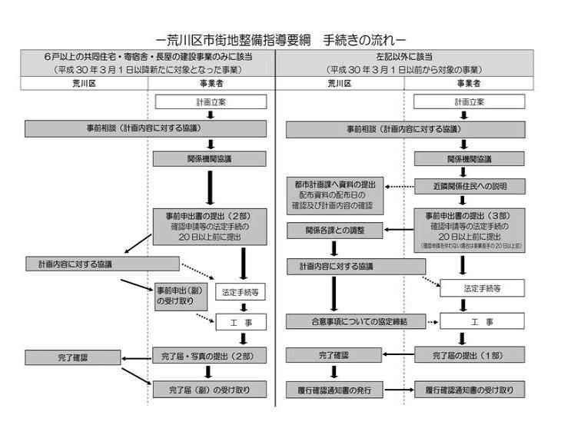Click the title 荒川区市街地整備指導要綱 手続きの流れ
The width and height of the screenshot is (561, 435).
coord(280,38)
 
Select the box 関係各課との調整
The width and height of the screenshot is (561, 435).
coord(334,230)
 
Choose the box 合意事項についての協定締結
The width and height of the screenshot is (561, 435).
coord(357,321)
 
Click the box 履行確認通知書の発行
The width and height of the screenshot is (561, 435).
coord(334,390)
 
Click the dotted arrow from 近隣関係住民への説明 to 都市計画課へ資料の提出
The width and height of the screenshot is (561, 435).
coord(399,187)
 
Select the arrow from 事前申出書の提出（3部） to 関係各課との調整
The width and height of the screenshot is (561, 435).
coord(398,229)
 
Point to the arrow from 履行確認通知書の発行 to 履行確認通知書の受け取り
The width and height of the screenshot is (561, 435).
coord(398,390)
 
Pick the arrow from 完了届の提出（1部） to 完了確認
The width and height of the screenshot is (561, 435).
coord(398,356)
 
